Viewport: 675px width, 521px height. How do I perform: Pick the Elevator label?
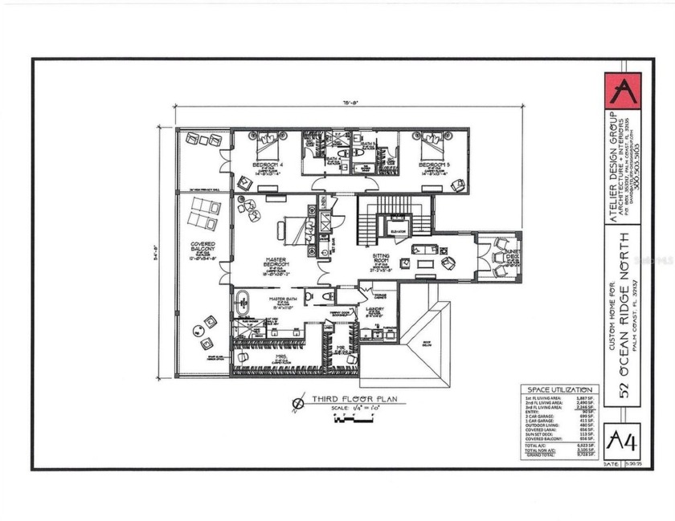click(x=397, y=229)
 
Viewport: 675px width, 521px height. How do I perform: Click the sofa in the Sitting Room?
click(x=426, y=249)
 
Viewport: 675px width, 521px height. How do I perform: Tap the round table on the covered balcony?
click(x=198, y=330)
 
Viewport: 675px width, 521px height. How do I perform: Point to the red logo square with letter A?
click(x=624, y=90)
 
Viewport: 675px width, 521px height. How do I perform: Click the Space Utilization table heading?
click(x=558, y=389)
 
